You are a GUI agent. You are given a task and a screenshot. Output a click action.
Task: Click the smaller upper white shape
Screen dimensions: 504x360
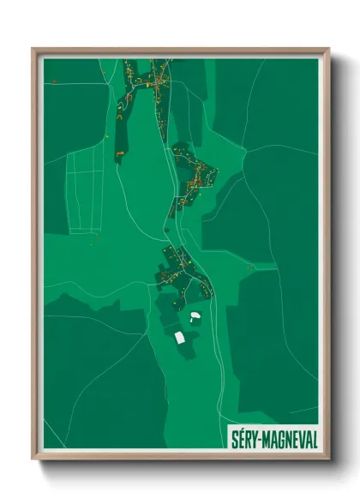[195, 317]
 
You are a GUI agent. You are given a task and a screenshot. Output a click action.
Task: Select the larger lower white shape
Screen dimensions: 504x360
[182, 337]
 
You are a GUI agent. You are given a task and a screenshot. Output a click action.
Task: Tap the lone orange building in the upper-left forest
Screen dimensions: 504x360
[54, 80]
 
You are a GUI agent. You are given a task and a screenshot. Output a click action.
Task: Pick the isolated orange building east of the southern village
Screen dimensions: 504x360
[250, 267]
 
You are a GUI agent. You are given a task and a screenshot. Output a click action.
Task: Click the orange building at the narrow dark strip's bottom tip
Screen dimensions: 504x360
[119, 153]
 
